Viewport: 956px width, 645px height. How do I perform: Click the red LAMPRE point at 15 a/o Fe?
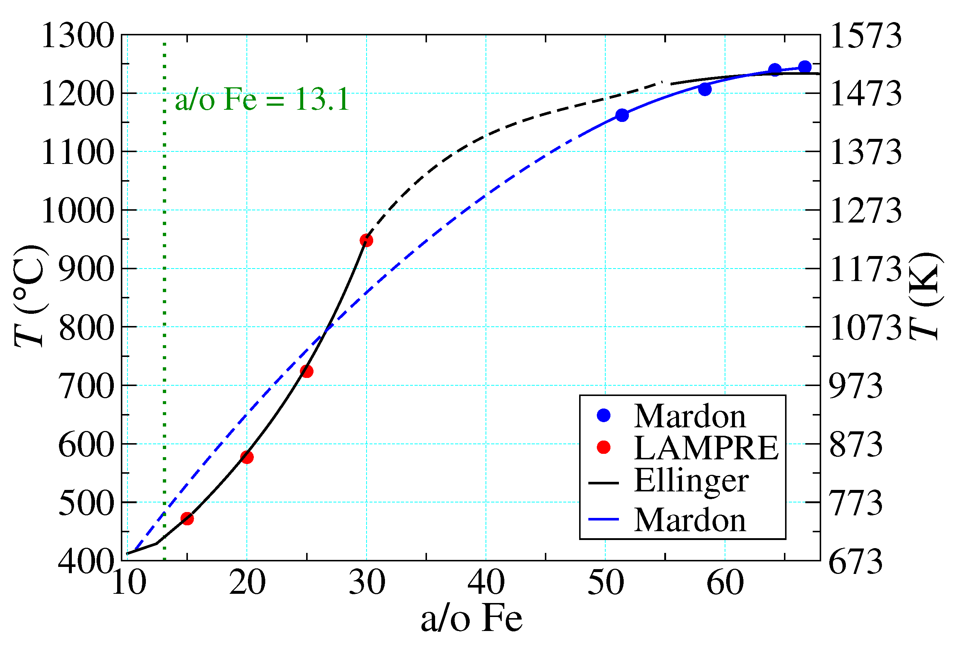187,518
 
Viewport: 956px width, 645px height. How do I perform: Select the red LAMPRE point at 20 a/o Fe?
247,457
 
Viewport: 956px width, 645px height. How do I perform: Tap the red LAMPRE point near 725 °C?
307,371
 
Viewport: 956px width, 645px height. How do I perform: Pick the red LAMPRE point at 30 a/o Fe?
366,240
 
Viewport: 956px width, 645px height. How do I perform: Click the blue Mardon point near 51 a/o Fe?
622,115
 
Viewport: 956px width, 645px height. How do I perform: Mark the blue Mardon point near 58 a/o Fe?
705,89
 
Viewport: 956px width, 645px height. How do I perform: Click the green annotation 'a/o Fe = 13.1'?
262,100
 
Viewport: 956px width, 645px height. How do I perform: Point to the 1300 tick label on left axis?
77,36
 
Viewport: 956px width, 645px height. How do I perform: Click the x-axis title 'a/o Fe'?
472,619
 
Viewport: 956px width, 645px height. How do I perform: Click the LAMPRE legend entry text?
706,448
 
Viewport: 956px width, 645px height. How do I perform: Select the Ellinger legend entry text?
691,480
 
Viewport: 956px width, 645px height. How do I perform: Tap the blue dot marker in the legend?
603,416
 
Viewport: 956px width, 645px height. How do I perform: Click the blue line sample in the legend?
603,519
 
